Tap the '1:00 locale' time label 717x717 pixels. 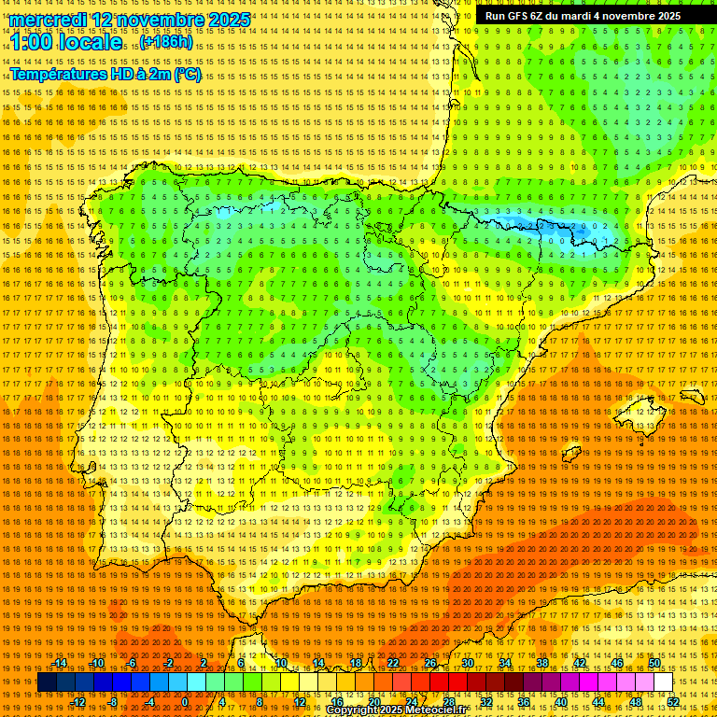tap(66, 43)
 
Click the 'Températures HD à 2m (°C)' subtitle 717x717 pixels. tap(105, 74)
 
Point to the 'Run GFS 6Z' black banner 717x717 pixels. tap(583, 16)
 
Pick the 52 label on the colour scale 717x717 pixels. tap(673, 702)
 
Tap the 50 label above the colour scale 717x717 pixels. tap(654, 663)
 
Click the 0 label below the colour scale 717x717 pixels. tap(185, 702)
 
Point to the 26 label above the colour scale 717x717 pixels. tap(430, 663)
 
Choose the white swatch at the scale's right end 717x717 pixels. tap(664, 682)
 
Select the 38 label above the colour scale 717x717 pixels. tap(542, 663)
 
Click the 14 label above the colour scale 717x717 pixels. tap(318, 663)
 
